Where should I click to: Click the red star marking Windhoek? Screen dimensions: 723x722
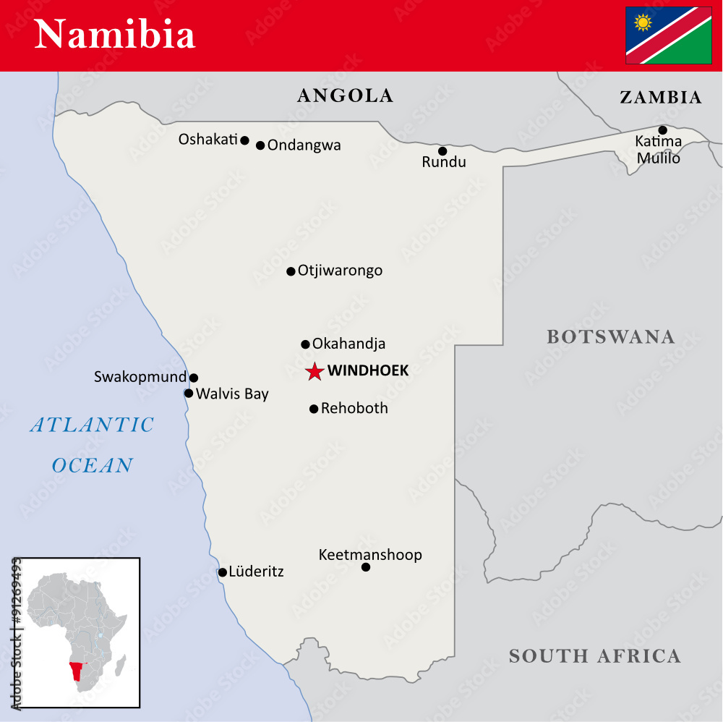pyautogui.click(x=315, y=372)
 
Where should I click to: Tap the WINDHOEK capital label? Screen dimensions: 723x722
pyautogui.click(x=368, y=371)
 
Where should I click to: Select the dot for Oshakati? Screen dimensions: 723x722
pyautogui.click(x=244, y=140)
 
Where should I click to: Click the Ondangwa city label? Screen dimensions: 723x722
pyautogui.click(x=304, y=145)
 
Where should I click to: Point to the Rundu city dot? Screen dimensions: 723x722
pyautogui.click(x=442, y=151)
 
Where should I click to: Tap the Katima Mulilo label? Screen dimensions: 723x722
pyautogui.click(x=658, y=150)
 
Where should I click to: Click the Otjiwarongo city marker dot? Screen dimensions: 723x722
pyautogui.click(x=291, y=271)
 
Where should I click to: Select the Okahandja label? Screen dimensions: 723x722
pyautogui.click(x=348, y=344)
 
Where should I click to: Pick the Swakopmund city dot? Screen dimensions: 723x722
pyautogui.click(x=194, y=378)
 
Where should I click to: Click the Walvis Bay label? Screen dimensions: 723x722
pyautogui.click(x=232, y=394)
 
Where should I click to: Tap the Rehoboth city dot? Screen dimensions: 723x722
pyautogui.click(x=314, y=409)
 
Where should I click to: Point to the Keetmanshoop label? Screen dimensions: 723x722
pyautogui.click(x=370, y=555)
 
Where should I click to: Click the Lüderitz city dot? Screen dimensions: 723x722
pyautogui.click(x=223, y=572)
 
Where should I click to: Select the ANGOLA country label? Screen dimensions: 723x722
pyautogui.click(x=345, y=95)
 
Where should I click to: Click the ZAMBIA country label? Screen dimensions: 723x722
pyautogui.click(x=660, y=98)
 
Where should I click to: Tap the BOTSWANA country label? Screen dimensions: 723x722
pyautogui.click(x=610, y=336)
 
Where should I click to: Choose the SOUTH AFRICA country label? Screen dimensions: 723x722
pyautogui.click(x=594, y=656)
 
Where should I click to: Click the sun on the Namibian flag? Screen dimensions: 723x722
pyautogui.click(x=642, y=22)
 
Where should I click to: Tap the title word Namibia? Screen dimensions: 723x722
pyautogui.click(x=115, y=35)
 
